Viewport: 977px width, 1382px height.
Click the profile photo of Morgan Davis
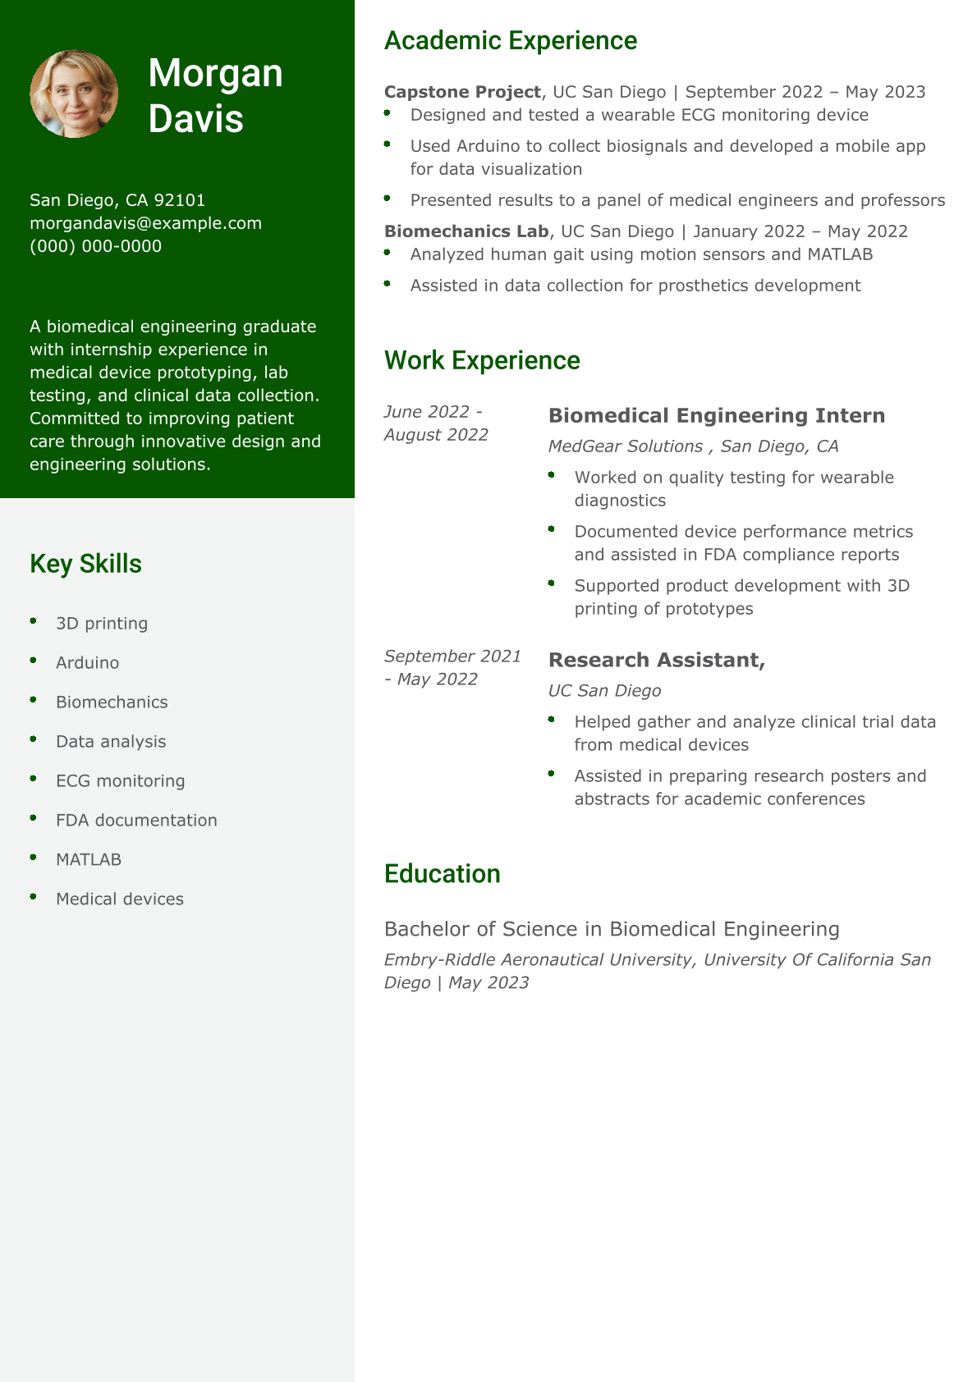(x=74, y=94)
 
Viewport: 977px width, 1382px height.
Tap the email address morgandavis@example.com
(x=145, y=223)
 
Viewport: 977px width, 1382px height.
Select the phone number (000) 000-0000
(x=95, y=246)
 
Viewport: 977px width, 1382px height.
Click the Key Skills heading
(x=85, y=564)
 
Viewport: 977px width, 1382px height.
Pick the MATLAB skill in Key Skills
(x=89, y=859)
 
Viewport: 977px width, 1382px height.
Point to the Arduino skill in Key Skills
(x=87, y=662)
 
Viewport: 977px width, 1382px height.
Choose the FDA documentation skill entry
(x=136, y=820)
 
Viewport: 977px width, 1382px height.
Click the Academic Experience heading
(x=510, y=40)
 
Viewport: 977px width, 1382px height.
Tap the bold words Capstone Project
(x=462, y=92)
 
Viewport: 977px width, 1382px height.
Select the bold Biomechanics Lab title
(x=466, y=231)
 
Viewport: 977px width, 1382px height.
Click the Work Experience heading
(x=482, y=360)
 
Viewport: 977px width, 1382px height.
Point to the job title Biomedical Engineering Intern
(x=716, y=415)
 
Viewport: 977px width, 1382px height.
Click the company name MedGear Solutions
(x=625, y=446)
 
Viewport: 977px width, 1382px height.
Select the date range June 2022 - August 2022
(x=436, y=423)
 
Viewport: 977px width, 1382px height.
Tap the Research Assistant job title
(x=656, y=660)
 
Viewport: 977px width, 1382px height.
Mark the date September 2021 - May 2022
(x=452, y=667)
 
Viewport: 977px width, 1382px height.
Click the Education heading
(x=442, y=873)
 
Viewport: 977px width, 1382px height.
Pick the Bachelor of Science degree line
(x=612, y=929)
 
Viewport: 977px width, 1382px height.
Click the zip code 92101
(x=179, y=200)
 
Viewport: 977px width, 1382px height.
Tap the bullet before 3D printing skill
(x=34, y=621)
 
